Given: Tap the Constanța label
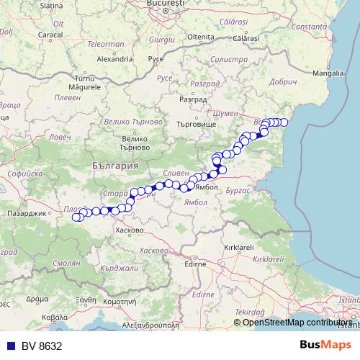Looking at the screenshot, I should tap(310, 26).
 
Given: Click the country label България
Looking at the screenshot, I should tap(115, 165).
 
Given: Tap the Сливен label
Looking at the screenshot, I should tap(176, 174).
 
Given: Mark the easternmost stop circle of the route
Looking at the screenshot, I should tap(284, 122).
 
